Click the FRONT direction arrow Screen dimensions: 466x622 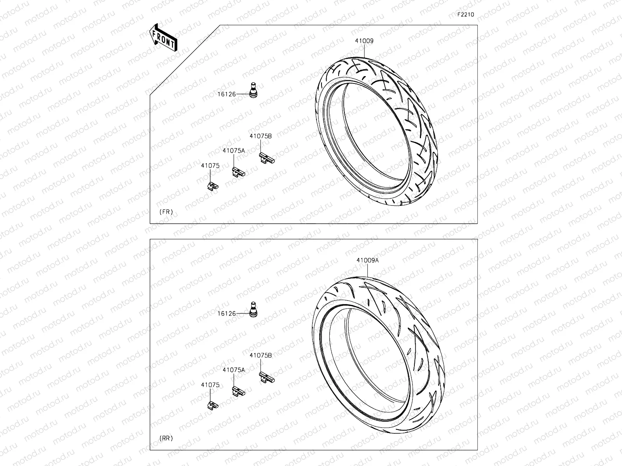[x=162, y=38]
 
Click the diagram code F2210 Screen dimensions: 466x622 [x=465, y=14]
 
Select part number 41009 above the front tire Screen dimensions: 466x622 [x=364, y=41]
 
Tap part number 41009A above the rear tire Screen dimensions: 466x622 [x=367, y=261]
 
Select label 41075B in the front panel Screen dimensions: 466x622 [x=260, y=136]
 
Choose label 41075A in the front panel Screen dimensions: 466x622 [x=234, y=150]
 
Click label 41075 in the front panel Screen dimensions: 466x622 [x=210, y=165]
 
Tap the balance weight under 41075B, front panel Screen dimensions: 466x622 [x=267, y=157]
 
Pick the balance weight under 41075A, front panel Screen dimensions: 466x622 [x=239, y=172]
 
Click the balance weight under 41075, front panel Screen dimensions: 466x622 [x=212, y=186]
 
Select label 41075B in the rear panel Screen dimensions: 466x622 [x=260, y=355]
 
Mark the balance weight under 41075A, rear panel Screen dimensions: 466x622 [x=239, y=391]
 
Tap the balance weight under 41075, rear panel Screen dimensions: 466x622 [x=212, y=405]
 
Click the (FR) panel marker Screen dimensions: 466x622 [x=166, y=212]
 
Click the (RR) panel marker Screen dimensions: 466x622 [x=166, y=438]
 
